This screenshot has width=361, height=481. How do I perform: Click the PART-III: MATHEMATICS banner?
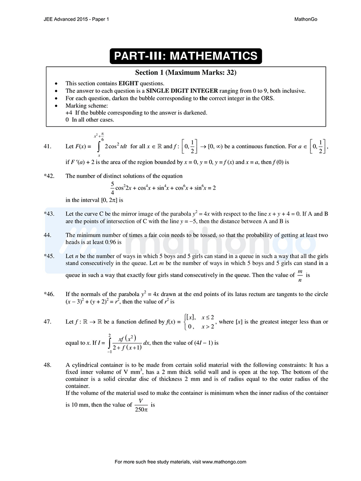185,56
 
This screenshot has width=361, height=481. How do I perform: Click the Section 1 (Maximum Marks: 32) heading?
185,72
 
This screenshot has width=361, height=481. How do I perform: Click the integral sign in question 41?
99,147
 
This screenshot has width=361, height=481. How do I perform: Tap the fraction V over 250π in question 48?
141,405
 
